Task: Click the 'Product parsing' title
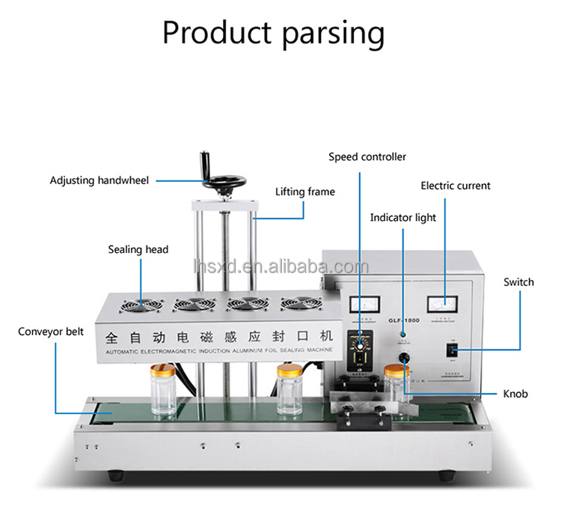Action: [274, 33]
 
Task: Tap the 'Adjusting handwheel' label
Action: [99, 180]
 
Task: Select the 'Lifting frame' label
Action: [304, 192]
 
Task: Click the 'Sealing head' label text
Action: [138, 249]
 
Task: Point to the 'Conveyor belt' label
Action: [51, 331]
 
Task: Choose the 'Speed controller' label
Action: [367, 156]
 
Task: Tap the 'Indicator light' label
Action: [402, 218]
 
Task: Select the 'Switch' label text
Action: [518, 282]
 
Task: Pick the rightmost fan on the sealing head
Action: [295, 304]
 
